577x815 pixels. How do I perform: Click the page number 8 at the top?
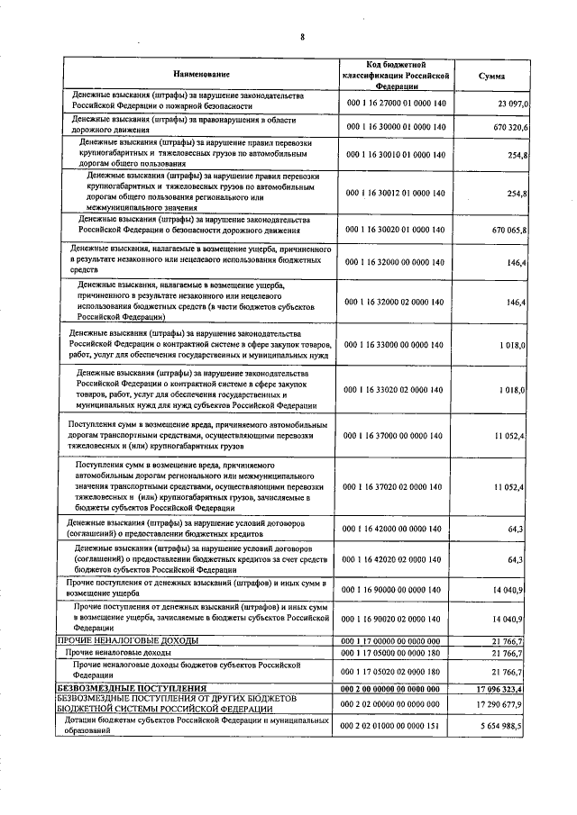[x=302, y=36]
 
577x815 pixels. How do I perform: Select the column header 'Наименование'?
[x=201, y=74]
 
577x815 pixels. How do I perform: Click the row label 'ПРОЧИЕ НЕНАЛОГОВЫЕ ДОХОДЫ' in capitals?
[x=128, y=639]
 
